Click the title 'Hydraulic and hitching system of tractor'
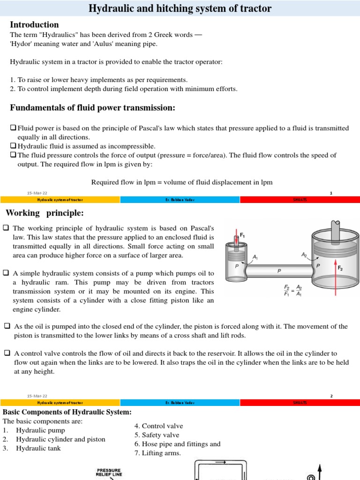click(x=180, y=9)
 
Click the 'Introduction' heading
click(x=35, y=25)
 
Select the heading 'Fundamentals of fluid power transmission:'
click(x=93, y=108)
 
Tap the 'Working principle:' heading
click(x=45, y=213)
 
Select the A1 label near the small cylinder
click(x=255, y=256)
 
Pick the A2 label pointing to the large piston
click(x=304, y=255)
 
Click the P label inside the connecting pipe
click(x=279, y=271)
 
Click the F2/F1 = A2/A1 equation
click(x=293, y=290)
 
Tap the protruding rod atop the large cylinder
click(x=336, y=229)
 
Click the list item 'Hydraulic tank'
click(x=38, y=448)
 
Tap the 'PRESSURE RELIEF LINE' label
click(x=109, y=472)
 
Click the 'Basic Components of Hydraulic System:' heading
click(x=67, y=412)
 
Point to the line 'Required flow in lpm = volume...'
click(x=181, y=182)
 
